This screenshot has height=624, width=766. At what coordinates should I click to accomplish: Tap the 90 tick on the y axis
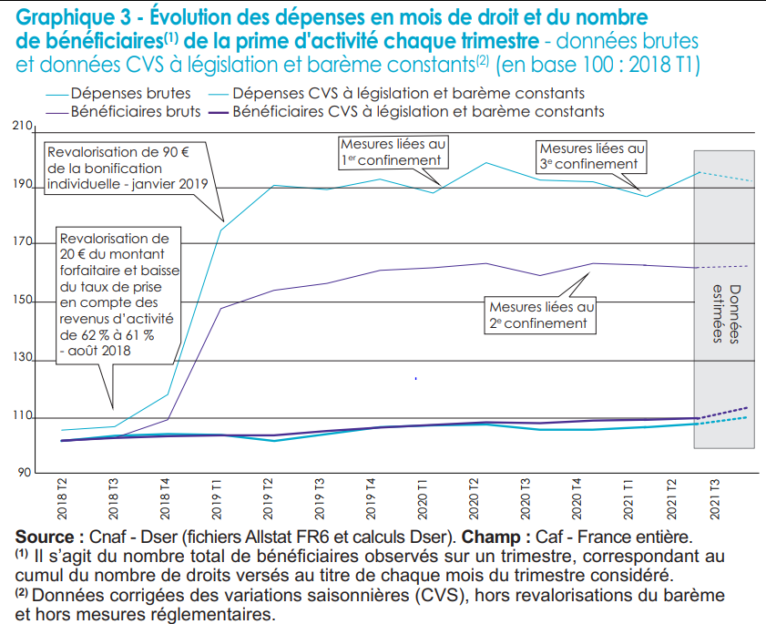[23, 473]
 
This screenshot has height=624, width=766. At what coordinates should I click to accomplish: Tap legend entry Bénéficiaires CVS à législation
[419, 111]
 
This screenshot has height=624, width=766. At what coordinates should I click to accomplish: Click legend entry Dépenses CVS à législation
[408, 93]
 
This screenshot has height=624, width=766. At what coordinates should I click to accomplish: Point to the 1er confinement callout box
[393, 151]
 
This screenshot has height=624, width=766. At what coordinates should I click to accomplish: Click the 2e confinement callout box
[540, 314]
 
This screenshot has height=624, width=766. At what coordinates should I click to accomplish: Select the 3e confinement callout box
[591, 155]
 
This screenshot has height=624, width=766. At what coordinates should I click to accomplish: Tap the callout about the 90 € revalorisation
[127, 167]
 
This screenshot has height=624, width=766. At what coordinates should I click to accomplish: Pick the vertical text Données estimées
[723, 309]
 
